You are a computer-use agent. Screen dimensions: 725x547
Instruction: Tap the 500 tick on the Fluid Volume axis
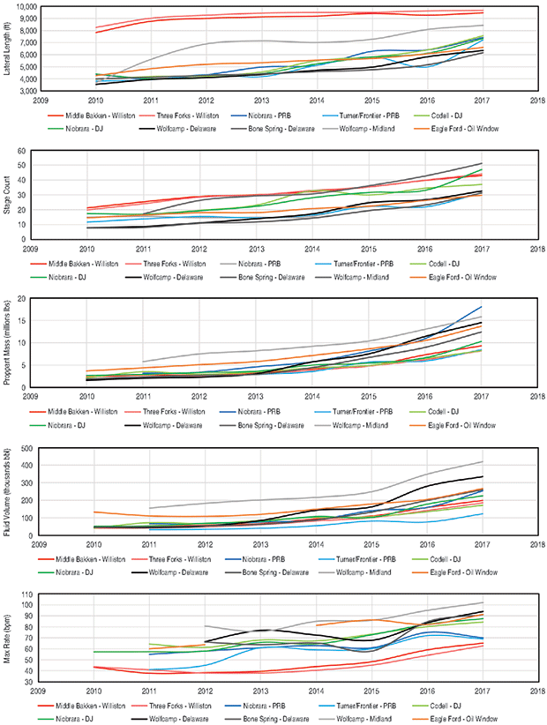26,448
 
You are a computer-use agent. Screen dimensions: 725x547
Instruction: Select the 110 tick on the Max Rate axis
26,595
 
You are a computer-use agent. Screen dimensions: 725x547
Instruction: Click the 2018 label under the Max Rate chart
537,691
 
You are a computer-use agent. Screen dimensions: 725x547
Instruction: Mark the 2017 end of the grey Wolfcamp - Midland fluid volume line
482,461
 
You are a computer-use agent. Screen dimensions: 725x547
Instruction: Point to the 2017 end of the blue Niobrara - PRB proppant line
482,306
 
